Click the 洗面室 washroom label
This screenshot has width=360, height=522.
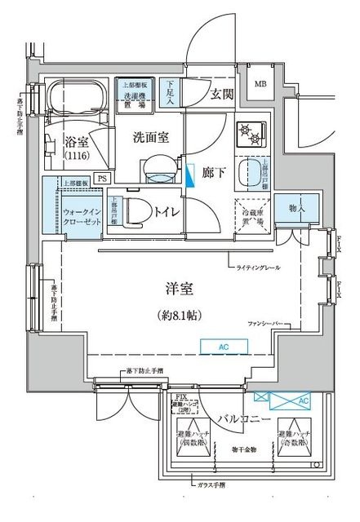(x=152, y=137)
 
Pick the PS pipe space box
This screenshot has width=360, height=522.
(x=102, y=178)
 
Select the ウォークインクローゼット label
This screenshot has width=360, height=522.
(x=81, y=216)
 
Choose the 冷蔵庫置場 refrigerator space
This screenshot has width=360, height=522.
(x=250, y=215)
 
